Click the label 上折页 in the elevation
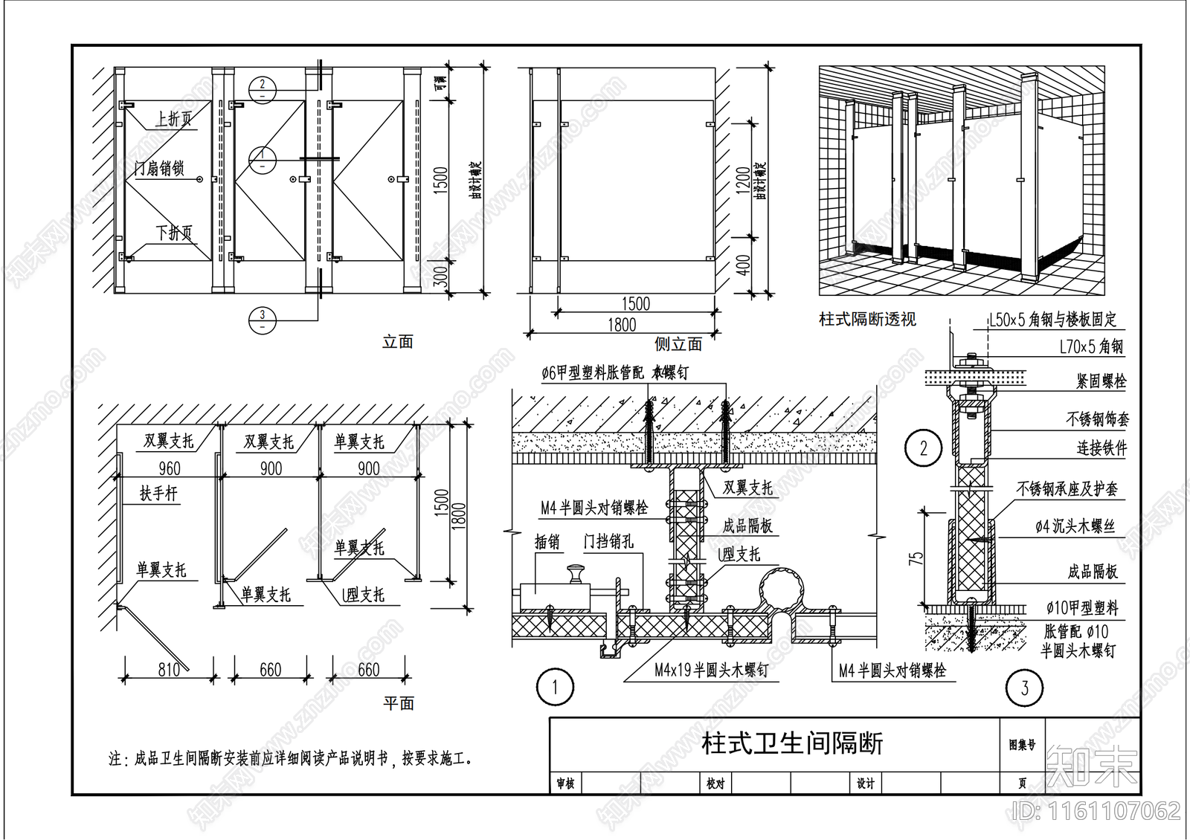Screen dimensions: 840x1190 (174, 119)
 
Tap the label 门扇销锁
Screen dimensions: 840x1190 (159, 169)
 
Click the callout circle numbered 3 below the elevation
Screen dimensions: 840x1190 (262, 320)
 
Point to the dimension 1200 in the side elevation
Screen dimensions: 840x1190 (743, 181)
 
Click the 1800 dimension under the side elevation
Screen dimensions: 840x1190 (622, 325)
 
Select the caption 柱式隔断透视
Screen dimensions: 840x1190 (867, 320)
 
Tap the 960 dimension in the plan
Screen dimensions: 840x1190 (170, 468)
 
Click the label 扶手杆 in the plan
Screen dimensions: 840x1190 (159, 494)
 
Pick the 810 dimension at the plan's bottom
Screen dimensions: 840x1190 (169, 670)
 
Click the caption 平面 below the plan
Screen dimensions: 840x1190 (399, 703)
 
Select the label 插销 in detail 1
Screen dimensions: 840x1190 (547, 542)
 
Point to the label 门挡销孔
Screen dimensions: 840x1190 (608, 542)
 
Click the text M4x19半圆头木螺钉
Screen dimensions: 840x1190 (711, 670)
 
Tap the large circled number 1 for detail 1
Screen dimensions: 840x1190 (555, 688)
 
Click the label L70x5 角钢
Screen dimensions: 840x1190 (1091, 346)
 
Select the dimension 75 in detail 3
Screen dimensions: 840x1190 (917, 558)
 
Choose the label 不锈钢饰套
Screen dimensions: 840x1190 (1097, 419)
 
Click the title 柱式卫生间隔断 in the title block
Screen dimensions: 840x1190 (792, 743)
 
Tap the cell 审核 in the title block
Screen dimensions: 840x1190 (565, 784)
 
